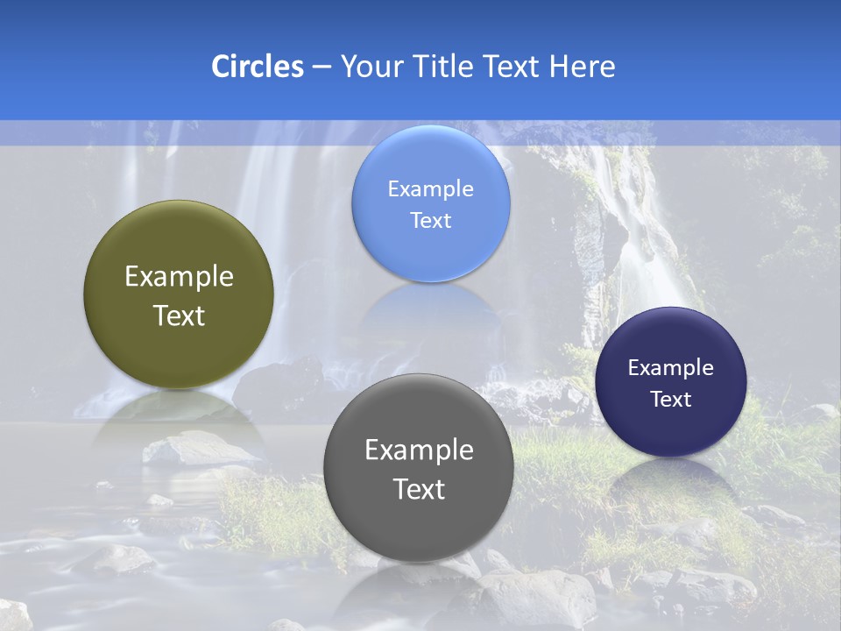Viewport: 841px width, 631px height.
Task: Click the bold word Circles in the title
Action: [x=258, y=67]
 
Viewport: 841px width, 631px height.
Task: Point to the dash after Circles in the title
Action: [x=322, y=67]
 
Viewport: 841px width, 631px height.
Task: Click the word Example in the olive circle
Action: [x=179, y=277]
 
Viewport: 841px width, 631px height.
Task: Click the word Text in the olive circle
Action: [x=179, y=315]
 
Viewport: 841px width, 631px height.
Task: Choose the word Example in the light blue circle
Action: [x=430, y=189]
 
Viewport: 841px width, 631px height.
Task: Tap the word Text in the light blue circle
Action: [x=430, y=220]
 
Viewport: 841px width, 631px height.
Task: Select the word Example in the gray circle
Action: [x=419, y=450]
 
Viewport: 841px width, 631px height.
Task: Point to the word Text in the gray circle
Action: [x=419, y=489]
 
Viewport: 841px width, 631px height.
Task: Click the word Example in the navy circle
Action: [x=670, y=368]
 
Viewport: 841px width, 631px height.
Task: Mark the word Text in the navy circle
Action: [x=671, y=399]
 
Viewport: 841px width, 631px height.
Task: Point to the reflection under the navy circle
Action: [x=670, y=478]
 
